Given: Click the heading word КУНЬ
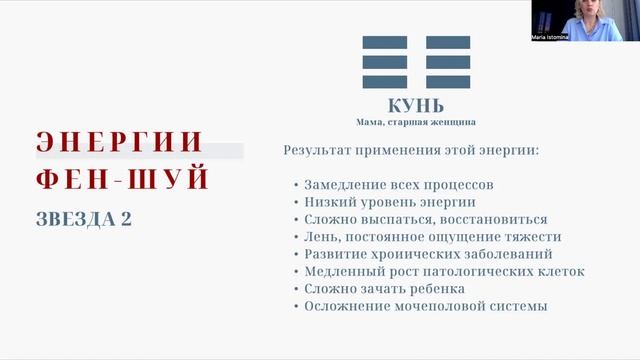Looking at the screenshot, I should tap(415, 106).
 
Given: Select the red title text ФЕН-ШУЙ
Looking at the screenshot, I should tap(122, 180).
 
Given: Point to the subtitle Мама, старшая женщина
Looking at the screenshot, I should tap(416, 122).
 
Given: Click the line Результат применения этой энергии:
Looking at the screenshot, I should tap(411, 151).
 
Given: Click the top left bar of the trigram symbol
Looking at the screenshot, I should tap(385, 44).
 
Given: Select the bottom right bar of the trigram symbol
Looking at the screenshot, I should tap(447, 82).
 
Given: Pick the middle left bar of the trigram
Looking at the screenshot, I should tap(385, 63).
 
